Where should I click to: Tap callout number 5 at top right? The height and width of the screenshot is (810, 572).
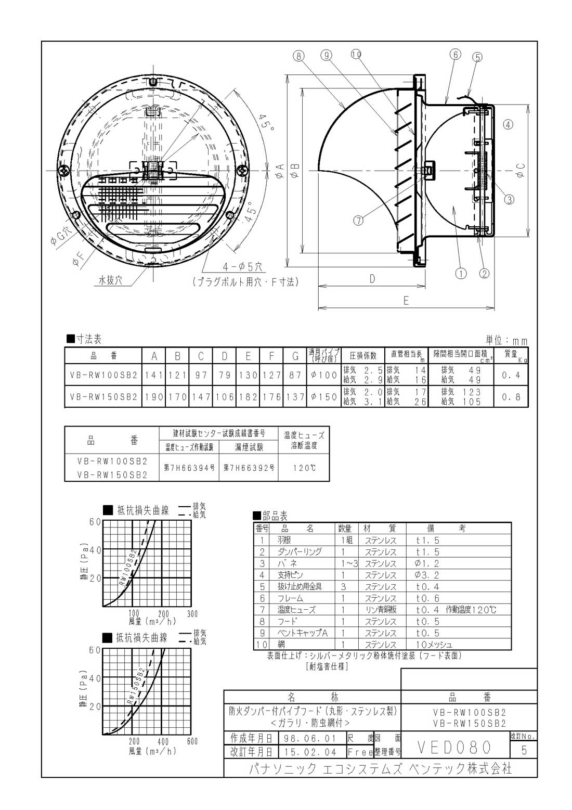coord(477,57)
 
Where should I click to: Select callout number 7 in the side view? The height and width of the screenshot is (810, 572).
coord(358,220)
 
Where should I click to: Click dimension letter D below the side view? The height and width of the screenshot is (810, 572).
coord(372,279)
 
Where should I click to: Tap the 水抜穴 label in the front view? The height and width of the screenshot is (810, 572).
coord(110,280)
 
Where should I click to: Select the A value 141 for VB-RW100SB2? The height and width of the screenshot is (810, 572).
coord(154,375)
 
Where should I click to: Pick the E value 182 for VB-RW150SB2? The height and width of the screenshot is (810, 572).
coord(249,396)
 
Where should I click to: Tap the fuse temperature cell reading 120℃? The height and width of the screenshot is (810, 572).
coord(304,468)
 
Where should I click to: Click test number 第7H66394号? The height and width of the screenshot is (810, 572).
coord(189,468)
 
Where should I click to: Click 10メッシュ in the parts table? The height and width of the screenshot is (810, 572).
coord(435,645)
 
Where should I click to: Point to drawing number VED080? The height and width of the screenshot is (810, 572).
coord(454,748)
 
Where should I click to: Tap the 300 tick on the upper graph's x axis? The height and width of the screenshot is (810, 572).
coord(192,614)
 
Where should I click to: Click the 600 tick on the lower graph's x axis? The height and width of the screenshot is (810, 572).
coord(192,741)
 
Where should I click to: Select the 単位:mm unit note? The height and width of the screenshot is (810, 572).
coord(506,341)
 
